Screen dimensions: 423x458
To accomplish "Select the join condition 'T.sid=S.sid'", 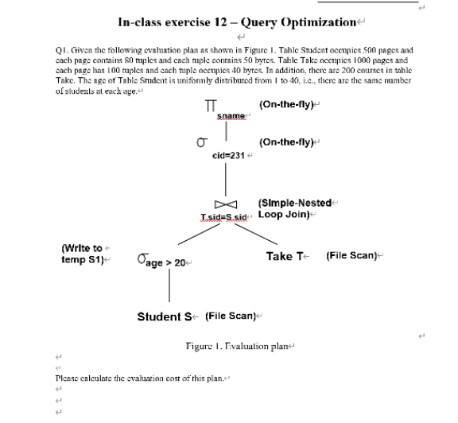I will click(225, 216).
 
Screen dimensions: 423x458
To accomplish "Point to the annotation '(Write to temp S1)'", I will click(82, 254).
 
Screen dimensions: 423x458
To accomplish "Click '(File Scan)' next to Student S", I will click(230, 316).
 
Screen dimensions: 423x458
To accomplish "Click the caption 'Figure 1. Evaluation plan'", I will click(230, 347).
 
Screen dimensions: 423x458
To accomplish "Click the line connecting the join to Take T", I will click(256, 235).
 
